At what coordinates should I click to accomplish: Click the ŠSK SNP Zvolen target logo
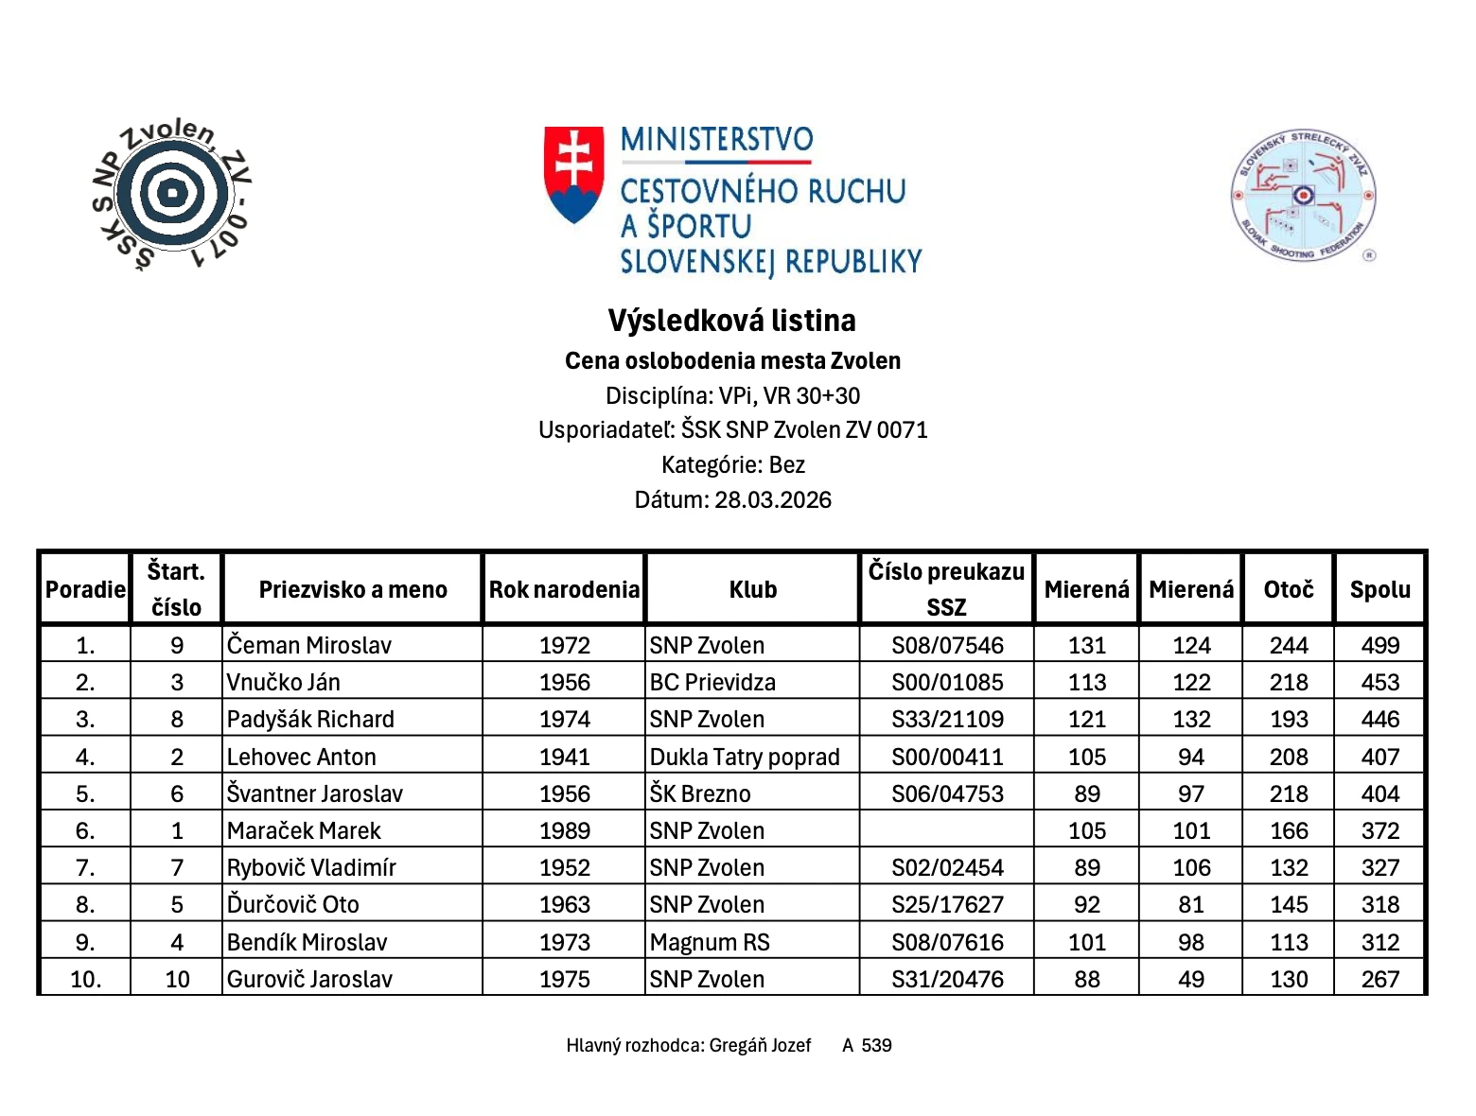(172, 195)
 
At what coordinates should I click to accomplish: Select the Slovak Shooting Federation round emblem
(1303, 196)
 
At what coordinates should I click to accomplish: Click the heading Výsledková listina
(731, 321)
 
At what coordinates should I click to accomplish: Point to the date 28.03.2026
(772, 499)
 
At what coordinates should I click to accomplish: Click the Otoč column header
(1288, 589)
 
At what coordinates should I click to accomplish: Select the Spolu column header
(1379, 589)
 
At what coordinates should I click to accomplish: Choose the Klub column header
(752, 589)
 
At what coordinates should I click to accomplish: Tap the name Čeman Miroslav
(309, 645)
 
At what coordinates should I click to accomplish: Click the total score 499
(1379, 645)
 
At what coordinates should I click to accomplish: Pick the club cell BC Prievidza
(712, 682)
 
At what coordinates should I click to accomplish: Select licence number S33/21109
(947, 719)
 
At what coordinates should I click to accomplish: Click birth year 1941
(564, 757)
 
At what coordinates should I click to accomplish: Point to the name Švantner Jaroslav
(315, 793)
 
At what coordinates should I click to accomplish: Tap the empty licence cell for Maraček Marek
(947, 830)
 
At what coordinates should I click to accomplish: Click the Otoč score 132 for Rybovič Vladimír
(1288, 867)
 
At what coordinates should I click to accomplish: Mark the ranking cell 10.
(85, 979)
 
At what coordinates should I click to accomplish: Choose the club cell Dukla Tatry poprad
(745, 757)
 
